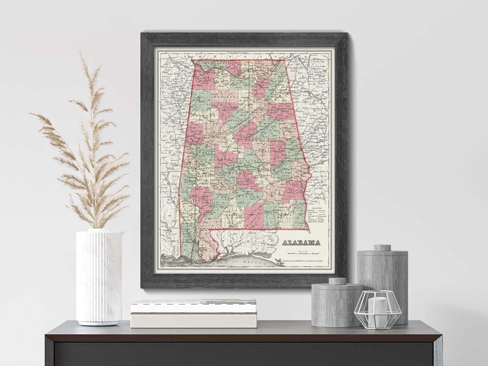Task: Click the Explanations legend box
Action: (316, 217)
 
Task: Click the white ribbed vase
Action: (99, 277)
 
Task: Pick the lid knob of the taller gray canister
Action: (382, 248)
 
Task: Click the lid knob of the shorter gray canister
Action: (337, 281)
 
